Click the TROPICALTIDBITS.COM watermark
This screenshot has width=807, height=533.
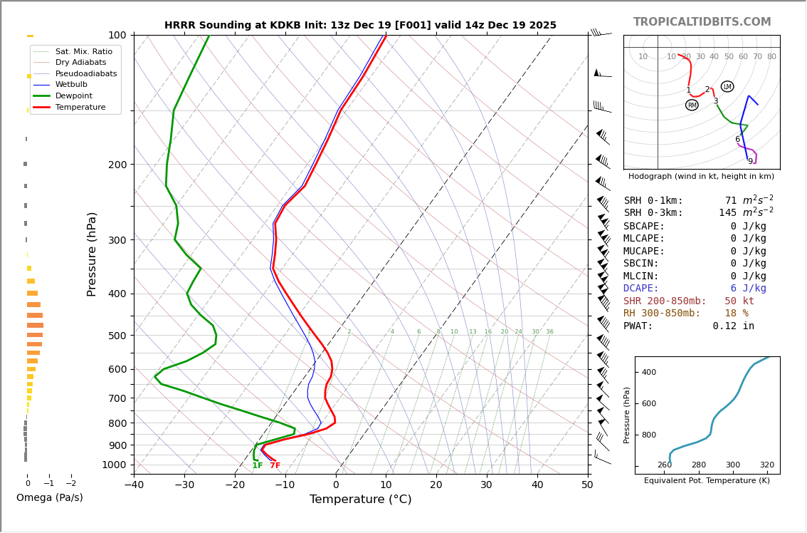tap(702, 22)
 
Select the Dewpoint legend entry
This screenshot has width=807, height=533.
tap(74, 95)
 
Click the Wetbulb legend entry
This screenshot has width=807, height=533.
tap(71, 84)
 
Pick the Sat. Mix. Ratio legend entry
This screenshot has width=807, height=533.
tap(83, 51)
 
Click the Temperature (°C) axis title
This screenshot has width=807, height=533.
tap(360, 500)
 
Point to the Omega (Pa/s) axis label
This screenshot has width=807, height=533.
tap(49, 497)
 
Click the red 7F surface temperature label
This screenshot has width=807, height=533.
tap(275, 466)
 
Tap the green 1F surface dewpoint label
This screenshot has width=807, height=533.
tap(258, 466)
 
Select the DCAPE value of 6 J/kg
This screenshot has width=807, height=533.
tap(748, 289)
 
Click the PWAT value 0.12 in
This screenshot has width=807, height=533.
tap(733, 326)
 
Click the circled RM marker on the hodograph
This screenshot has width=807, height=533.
tap(692, 105)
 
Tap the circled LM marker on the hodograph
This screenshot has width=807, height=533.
tap(727, 87)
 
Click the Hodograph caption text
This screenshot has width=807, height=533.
tap(701, 176)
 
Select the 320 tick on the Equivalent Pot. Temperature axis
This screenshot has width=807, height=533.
tap(766, 465)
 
